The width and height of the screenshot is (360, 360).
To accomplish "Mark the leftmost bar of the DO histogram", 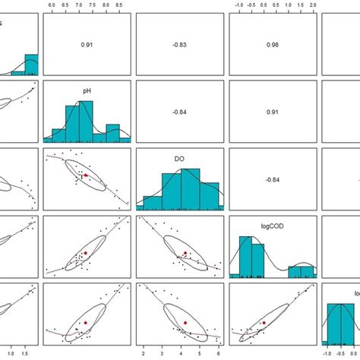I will click(x=148, y=204).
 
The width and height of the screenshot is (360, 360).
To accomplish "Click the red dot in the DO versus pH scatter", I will click(x=86, y=175).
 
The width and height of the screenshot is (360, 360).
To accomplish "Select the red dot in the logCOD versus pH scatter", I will click(x=86, y=252).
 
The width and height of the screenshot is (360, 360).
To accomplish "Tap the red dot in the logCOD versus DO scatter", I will click(x=185, y=253).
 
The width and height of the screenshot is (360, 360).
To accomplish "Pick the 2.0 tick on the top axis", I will click(x=311, y=6).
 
